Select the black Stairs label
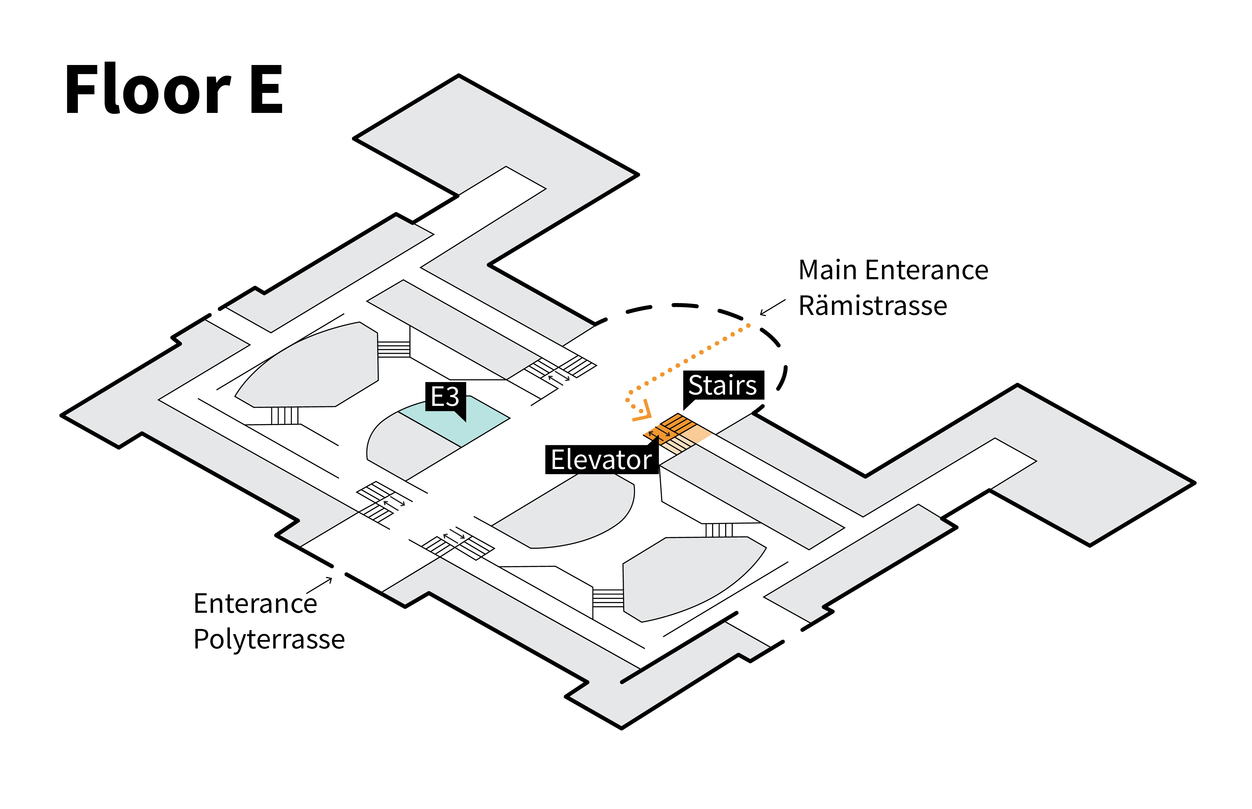coord(722,385)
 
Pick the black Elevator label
coord(601,460)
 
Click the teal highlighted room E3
coord(462,420)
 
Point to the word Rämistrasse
coord(873,306)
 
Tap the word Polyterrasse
coord(269,639)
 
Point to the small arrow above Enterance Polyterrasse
coord(319,585)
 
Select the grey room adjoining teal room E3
coord(405,446)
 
